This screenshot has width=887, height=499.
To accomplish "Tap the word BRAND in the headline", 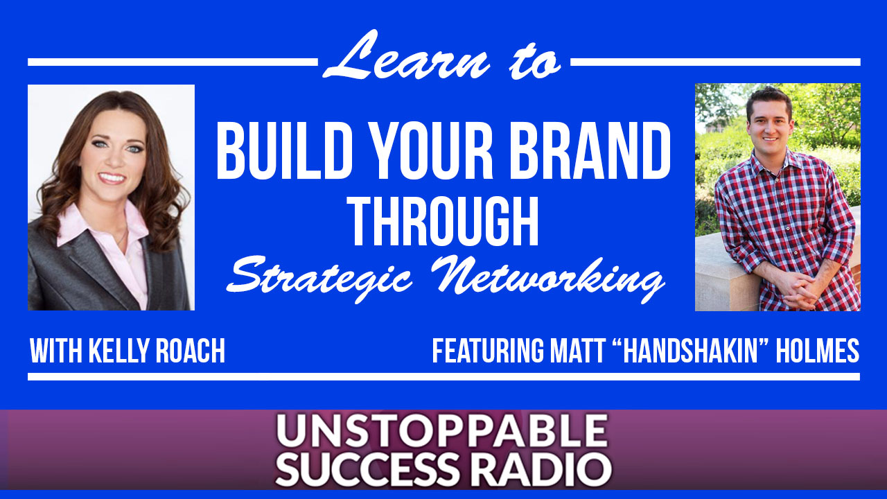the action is (590, 151).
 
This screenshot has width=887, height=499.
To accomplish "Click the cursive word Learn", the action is (406, 55).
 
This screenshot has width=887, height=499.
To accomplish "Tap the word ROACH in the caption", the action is (191, 351).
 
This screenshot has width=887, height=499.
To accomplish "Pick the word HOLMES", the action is (817, 351).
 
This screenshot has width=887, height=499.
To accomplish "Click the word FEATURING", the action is (489, 351).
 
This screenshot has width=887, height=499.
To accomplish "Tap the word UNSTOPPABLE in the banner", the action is (442, 431).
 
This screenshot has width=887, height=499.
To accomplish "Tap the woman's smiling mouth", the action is (112, 178).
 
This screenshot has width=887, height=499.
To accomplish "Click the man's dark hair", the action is (769, 100).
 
